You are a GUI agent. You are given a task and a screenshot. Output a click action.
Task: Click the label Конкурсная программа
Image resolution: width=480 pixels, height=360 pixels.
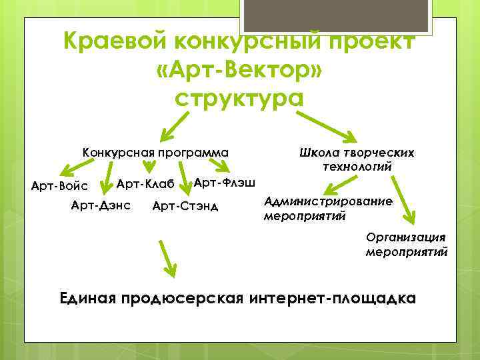tap(155, 153)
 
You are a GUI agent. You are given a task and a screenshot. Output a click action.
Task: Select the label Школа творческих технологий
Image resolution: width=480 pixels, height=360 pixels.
tap(359, 159)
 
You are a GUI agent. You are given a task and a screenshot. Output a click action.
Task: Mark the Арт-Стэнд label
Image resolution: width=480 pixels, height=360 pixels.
tap(185, 205)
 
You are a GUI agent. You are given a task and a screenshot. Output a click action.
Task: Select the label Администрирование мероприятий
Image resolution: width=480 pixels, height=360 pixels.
tap(328, 208)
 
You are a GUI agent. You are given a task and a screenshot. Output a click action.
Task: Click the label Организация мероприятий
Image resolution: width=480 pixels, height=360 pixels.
tap(406, 245)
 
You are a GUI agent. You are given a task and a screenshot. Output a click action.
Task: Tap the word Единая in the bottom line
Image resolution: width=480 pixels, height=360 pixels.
tap(88, 298)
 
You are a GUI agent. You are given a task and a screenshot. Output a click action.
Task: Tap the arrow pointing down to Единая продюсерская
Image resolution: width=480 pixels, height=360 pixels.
tap(167, 258)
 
